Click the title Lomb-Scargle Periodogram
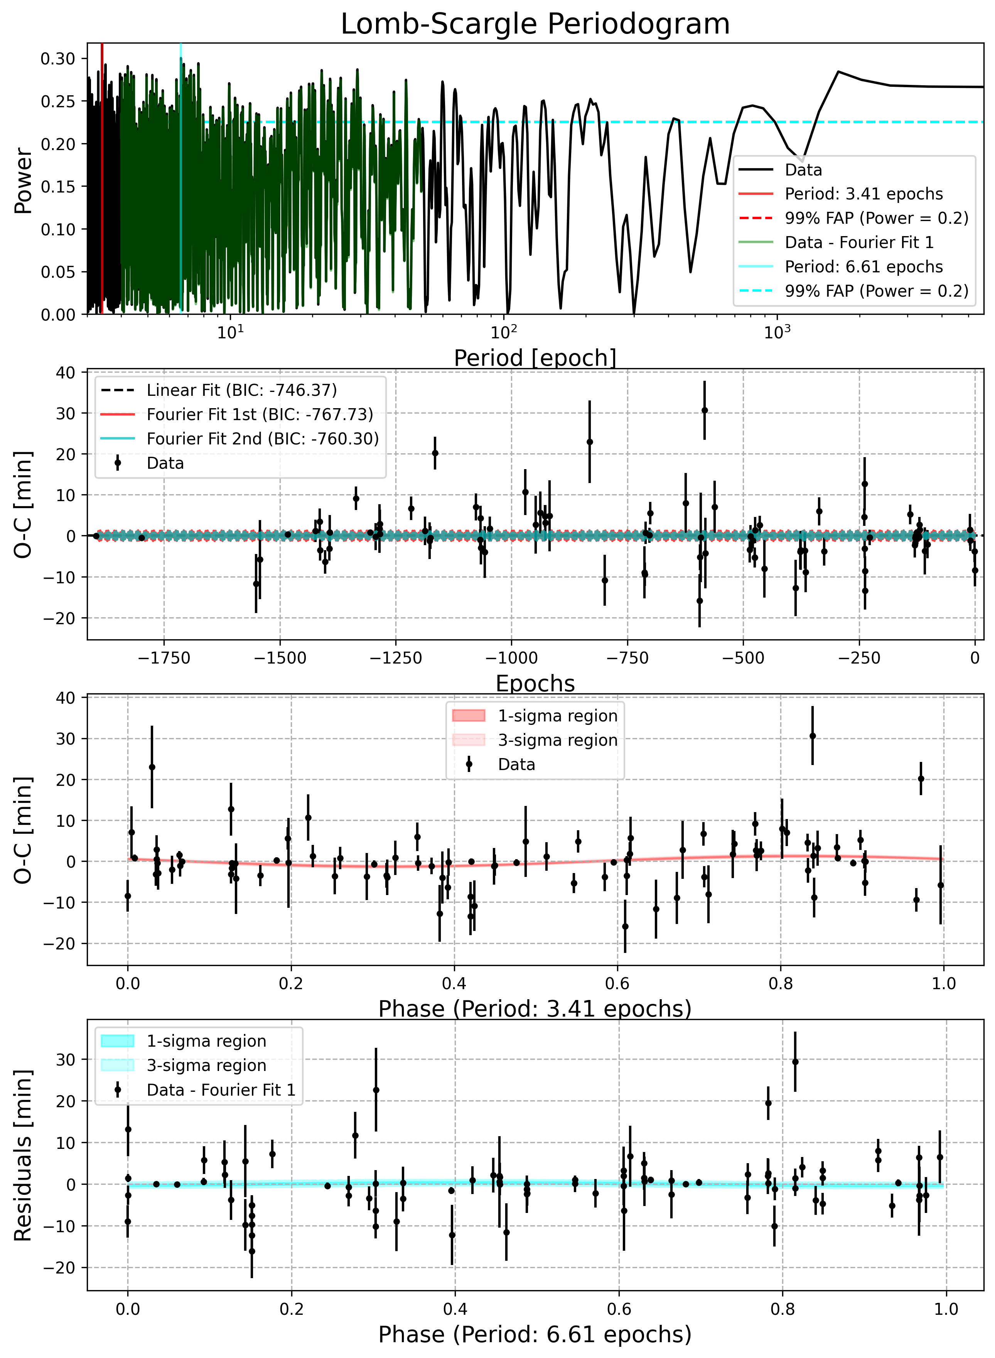pyautogui.click(x=535, y=24)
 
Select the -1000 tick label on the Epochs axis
pyautogui.click(x=511, y=658)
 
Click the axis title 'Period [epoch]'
pyautogui.click(x=535, y=358)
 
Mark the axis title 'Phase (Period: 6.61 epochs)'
pyautogui.click(x=535, y=1334)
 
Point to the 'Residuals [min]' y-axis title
pyautogui.click(x=23, y=1155)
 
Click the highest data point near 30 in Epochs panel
pyautogui.click(x=704, y=410)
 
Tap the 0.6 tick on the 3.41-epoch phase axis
pyautogui.click(x=617, y=983)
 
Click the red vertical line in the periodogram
pyautogui.click(x=102, y=178)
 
